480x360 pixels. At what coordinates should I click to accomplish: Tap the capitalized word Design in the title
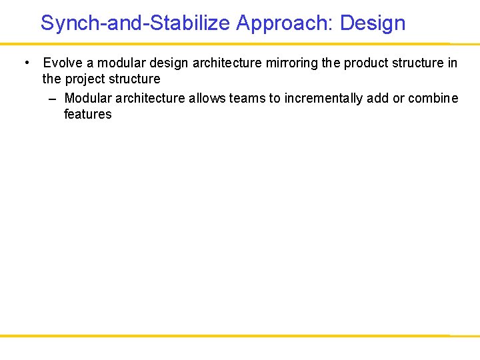point(373,23)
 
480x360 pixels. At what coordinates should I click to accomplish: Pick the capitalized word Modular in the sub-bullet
point(88,99)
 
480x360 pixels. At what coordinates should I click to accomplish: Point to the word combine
point(433,99)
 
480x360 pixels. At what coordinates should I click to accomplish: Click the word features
point(87,115)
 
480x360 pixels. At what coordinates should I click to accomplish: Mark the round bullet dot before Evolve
point(26,63)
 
